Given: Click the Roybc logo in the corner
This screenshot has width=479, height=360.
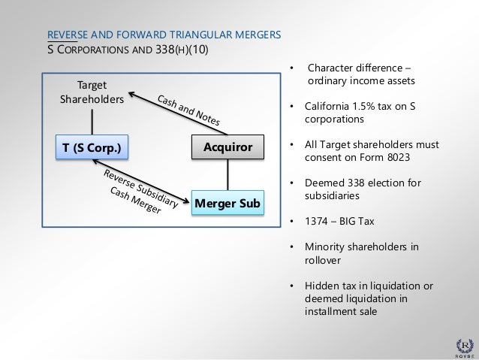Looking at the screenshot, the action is click(461, 339).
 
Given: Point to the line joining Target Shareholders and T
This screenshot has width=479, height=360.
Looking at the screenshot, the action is click(91, 121).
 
